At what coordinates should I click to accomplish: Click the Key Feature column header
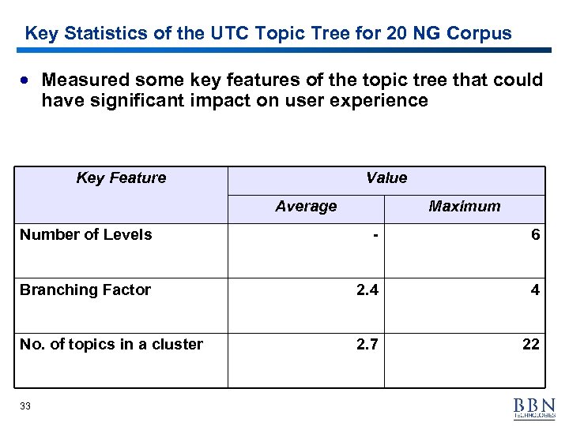(x=121, y=178)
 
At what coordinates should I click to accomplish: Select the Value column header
(x=386, y=178)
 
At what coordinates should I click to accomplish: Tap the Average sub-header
(x=306, y=207)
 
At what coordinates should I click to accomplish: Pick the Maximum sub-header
(x=465, y=207)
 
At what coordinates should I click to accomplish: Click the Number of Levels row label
(x=86, y=234)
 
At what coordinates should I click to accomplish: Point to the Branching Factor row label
(x=85, y=290)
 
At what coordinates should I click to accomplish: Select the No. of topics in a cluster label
(x=111, y=344)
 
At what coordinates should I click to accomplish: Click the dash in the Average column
(x=376, y=234)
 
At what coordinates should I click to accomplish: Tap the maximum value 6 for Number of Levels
(x=535, y=234)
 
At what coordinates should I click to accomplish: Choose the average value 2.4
(x=367, y=290)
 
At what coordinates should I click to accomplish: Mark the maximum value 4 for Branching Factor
(x=535, y=290)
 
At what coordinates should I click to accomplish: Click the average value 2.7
(x=367, y=344)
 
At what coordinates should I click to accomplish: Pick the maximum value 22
(x=531, y=344)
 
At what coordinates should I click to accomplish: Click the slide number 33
(x=25, y=405)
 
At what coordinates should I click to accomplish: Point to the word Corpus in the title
(x=479, y=34)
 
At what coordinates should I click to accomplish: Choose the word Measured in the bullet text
(x=85, y=80)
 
